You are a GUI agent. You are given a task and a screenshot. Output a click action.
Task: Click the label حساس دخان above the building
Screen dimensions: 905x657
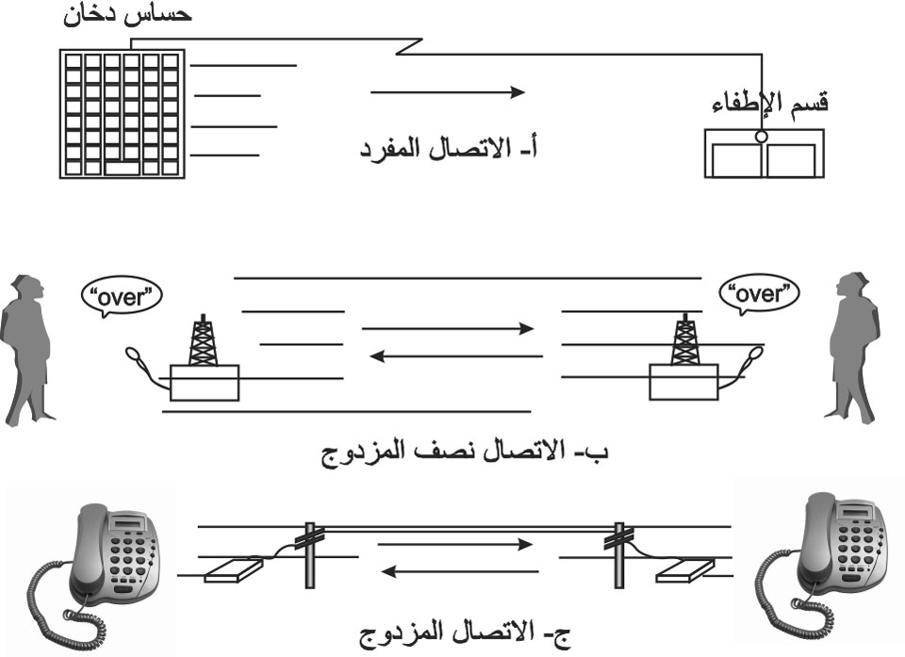[x=127, y=14]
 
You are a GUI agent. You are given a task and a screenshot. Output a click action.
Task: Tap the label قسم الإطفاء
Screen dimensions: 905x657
[x=770, y=104]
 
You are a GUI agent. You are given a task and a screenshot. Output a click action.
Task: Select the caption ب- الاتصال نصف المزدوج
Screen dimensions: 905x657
[x=465, y=451]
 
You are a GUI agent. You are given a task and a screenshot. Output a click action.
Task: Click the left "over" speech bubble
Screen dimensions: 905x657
[x=122, y=297]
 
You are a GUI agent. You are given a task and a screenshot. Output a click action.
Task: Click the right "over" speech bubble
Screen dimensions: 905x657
[x=759, y=294]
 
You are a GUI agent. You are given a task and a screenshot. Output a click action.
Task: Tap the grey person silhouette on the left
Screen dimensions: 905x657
[x=26, y=351]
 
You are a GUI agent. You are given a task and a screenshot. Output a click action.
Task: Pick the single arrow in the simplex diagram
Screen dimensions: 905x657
[x=448, y=91]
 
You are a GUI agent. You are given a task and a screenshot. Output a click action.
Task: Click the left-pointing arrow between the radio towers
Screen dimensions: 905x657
[x=456, y=356]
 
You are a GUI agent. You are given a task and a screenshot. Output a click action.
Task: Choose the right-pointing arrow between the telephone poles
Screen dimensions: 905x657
[x=455, y=545]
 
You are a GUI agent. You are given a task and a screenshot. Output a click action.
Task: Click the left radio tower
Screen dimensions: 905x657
[x=204, y=340]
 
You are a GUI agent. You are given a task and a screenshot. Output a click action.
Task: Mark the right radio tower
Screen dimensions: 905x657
[x=684, y=339]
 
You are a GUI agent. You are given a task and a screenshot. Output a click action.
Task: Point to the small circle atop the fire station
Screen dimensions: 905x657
[x=762, y=137]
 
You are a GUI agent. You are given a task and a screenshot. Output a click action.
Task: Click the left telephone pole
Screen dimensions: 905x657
[x=310, y=555]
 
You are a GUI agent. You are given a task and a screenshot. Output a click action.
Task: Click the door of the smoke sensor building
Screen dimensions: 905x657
[x=123, y=169]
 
